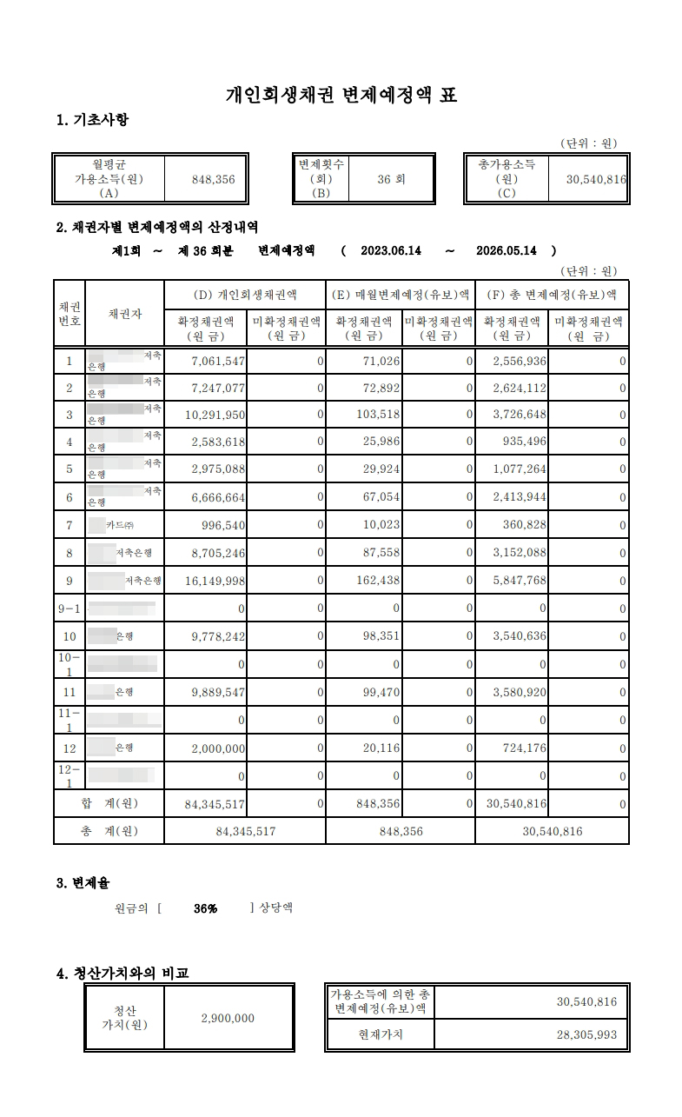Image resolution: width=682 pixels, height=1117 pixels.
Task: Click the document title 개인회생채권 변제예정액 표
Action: (341, 95)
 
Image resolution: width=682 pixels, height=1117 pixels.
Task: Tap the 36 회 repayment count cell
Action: (391, 179)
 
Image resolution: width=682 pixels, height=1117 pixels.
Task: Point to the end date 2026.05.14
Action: (507, 250)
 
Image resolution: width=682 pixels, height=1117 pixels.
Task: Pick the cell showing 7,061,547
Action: (215, 361)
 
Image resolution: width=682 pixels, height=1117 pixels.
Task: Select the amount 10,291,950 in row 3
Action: (215, 416)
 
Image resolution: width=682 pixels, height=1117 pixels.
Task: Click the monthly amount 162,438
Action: (378, 581)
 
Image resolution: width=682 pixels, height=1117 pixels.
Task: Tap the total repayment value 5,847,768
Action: (519, 581)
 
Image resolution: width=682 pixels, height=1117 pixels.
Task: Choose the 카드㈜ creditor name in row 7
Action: (120, 525)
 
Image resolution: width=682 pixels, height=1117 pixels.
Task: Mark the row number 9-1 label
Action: (69, 608)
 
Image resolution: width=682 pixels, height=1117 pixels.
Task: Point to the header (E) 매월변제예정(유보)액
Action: (401, 294)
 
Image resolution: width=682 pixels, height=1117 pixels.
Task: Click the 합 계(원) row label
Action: (109, 804)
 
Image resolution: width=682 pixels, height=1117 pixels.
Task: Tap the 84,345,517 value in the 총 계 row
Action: (246, 831)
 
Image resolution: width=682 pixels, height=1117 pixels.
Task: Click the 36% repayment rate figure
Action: (206, 908)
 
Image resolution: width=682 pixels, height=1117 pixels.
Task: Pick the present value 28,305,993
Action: (586, 1035)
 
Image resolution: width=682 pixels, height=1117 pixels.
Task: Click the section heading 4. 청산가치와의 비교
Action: (122, 974)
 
